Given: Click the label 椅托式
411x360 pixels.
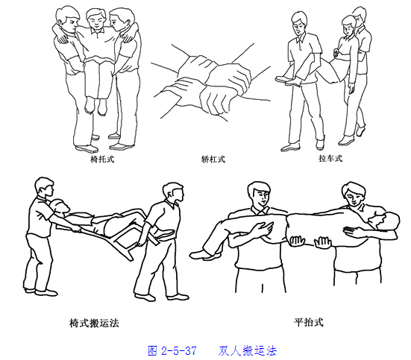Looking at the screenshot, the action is coord(102,159).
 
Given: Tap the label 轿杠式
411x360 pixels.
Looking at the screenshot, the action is coord(213,159).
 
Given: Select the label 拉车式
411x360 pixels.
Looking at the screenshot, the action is coord(330,158).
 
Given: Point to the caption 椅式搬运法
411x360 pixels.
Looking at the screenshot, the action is coord(94,323).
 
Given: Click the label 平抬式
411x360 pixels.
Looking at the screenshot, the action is coord(309,322).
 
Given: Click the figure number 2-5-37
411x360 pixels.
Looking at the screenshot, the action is coord(179,350).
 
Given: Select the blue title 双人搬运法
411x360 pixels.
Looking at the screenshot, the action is coord(247,350).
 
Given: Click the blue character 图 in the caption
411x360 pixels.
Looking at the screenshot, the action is coord(152,350).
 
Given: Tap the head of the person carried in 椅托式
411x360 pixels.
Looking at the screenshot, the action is coord(96,19).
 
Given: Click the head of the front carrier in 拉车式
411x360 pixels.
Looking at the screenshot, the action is coord(300,22).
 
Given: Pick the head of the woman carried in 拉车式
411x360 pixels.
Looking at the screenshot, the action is coord(348,25).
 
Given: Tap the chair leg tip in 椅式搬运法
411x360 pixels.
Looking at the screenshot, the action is coord(130,259).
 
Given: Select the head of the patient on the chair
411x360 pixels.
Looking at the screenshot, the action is coord(60,206).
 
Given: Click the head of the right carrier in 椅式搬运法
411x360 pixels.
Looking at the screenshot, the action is coord(173,193).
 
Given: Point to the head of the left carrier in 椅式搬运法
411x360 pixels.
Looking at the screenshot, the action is coord(45,187).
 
